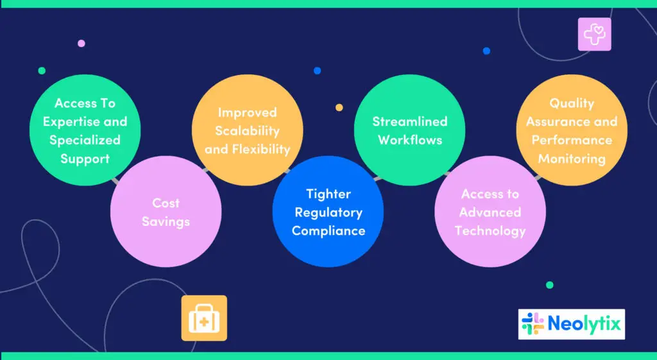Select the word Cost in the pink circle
coord(166,203)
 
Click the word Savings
coord(166,222)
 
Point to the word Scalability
coord(248,131)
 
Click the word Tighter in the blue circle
coord(328,194)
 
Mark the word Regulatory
coord(328,212)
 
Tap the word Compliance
coord(328,231)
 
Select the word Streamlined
coord(410,121)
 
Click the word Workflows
coord(410,140)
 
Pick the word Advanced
coord(490,212)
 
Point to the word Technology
coord(490,231)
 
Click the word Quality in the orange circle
coord(572,103)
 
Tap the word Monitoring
coord(572,159)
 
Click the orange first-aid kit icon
coord(204,318)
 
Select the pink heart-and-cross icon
coord(594,34)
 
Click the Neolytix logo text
coord(584,325)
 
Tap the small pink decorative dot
coord(81,44)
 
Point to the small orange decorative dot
coord(339,107)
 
